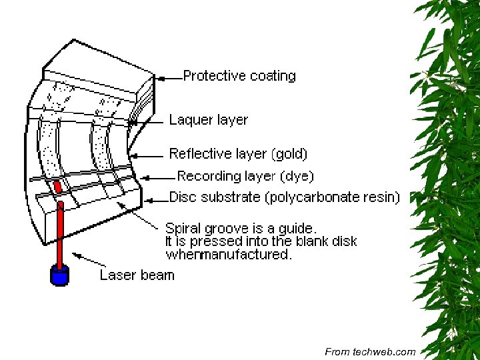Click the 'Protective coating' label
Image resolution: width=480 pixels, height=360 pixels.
(239, 76)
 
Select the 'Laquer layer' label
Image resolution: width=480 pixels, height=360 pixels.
(209, 120)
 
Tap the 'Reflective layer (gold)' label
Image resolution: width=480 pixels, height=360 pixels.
(239, 154)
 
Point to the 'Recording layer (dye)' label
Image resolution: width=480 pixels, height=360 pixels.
(245, 177)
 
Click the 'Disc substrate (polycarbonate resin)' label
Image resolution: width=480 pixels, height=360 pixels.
(285, 197)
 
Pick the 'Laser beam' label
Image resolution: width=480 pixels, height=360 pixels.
(137, 275)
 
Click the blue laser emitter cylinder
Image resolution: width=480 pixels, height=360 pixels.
(60, 275)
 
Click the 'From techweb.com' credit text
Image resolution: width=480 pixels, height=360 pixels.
(370, 351)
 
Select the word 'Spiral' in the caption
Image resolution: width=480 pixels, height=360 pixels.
(183, 228)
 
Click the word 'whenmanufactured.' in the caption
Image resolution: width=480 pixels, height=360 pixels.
(229, 255)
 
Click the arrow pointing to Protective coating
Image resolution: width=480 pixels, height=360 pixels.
(167, 77)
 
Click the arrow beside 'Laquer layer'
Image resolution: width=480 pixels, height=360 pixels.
(147, 121)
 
